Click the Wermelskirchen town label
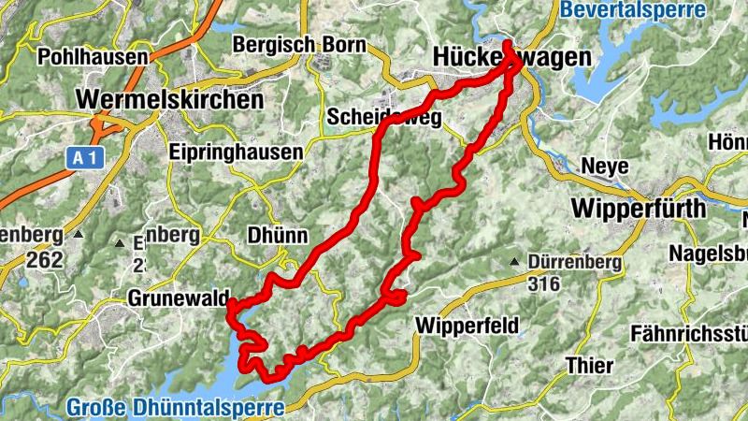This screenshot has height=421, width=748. tap(168, 97)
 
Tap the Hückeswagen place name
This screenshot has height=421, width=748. tap(512, 58)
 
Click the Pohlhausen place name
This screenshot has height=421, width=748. tap(93, 57)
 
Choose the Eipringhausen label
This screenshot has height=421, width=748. tap(237, 152)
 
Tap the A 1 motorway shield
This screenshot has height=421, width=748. tap(85, 159)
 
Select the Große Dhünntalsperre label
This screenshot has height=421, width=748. tap(175, 408)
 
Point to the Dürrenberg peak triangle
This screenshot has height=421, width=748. tap(513, 263)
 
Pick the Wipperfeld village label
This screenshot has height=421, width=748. tap(464, 327)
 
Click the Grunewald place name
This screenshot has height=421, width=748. tap(178, 300)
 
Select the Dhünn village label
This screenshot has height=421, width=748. tap(278, 236)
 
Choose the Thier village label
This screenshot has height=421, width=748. tap(590, 366)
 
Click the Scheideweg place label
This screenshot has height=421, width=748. tap(384, 117)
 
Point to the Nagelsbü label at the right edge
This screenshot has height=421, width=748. tap(708, 254)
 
